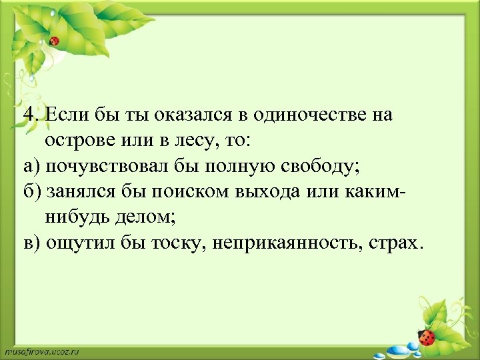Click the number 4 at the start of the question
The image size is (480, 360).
(x=28, y=115)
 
